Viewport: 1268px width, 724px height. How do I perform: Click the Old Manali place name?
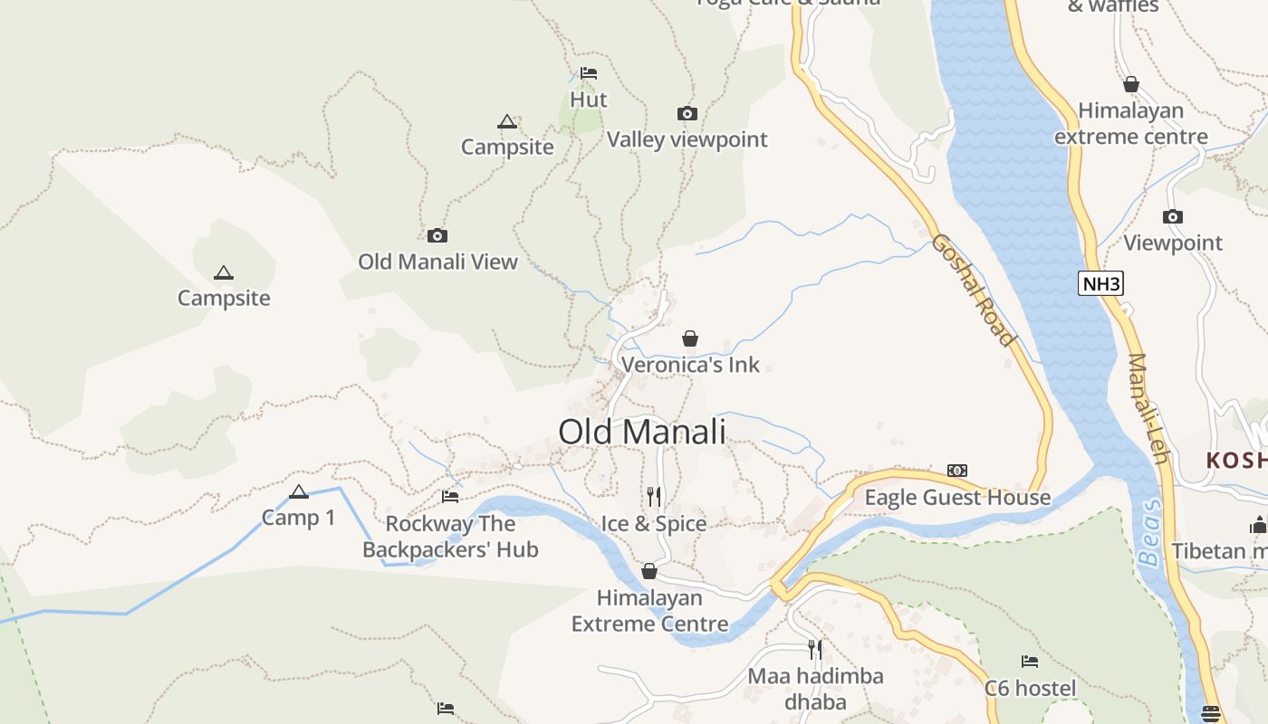tap(642, 432)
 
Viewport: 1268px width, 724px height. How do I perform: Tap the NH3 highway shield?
tap(1101, 283)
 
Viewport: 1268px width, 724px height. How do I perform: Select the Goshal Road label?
tap(973, 290)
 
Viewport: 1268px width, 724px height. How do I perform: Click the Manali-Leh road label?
tap(1148, 408)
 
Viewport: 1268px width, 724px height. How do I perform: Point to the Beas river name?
tap(1150, 533)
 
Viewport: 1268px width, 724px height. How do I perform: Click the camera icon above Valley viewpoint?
tap(687, 113)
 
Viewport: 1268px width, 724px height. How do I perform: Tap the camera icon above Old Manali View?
tap(437, 235)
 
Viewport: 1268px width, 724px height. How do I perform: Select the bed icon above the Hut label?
tap(589, 72)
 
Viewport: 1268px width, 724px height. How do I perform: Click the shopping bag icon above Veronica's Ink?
tap(690, 338)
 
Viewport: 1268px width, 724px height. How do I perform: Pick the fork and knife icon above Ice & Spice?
tap(654, 496)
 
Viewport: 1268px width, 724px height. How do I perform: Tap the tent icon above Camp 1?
tap(299, 491)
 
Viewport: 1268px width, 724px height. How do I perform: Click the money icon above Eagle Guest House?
tap(957, 471)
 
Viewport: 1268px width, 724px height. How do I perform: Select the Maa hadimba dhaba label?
tap(815, 689)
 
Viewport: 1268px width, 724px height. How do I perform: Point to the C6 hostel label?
tap(1031, 689)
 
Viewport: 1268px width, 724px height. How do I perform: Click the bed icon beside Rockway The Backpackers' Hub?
tap(450, 496)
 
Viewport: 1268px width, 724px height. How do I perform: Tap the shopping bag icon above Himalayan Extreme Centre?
tap(649, 571)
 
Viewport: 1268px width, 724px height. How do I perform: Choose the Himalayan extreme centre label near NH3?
tap(1131, 124)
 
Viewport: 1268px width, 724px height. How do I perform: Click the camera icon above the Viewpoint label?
tap(1173, 216)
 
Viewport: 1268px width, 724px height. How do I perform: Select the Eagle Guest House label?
tap(957, 498)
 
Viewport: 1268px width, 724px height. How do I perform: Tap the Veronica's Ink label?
tap(690, 366)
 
